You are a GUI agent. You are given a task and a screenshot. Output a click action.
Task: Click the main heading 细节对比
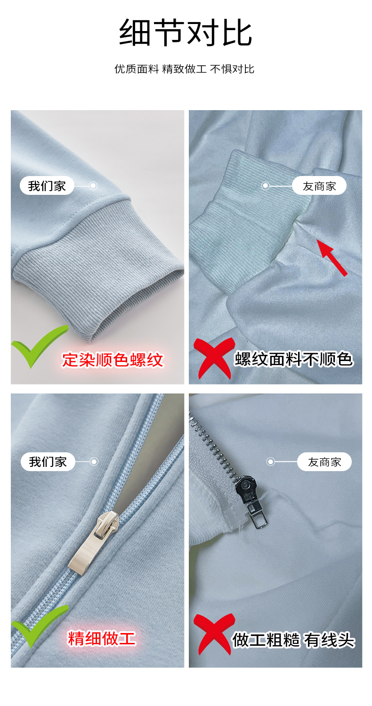pos(186,32)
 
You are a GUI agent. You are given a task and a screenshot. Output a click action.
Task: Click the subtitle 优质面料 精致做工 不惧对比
pos(184,69)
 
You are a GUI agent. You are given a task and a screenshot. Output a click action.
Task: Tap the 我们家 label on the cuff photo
pos(47,185)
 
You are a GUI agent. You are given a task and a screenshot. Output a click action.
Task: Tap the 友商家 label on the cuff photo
pos(319,186)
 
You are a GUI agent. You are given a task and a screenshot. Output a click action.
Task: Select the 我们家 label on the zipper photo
pos(48,462)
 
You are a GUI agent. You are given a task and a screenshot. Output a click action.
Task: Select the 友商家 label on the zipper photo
pos(324,462)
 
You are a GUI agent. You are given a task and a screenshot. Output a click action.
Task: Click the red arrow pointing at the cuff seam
pos(332,257)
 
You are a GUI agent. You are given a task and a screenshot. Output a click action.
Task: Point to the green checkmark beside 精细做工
pos(39,626)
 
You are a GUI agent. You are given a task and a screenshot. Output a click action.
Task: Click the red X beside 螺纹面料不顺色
pos(214,358)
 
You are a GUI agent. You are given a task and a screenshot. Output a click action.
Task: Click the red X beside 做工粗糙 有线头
pos(214,634)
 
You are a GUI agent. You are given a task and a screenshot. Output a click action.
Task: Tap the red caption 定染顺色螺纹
pos(113,360)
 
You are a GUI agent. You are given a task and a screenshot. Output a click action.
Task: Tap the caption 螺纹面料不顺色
pos(293,359)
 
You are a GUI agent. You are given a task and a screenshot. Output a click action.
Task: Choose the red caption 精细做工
pos(102,638)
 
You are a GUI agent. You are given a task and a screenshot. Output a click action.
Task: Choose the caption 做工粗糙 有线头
pos(293,640)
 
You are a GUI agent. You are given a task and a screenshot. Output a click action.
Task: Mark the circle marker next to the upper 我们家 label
pos(93,185)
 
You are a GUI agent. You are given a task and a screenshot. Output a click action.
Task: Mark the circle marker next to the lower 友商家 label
pos(270,462)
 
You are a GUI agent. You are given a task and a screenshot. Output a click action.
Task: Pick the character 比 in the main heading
pos(237,32)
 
